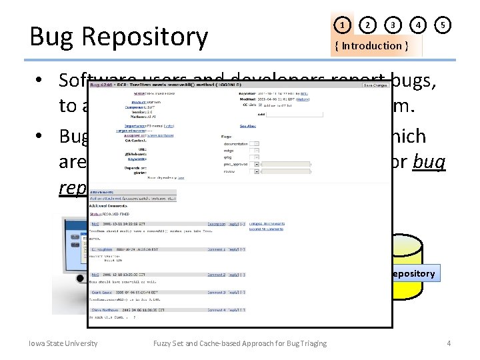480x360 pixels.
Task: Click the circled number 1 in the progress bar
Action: click(343, 25)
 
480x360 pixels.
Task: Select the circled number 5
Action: click(443, 25)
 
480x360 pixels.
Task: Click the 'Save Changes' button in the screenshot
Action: click(375, 85)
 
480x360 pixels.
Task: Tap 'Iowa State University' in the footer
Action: click(63, 343)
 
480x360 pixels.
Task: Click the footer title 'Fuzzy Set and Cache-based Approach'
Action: click(240, 343)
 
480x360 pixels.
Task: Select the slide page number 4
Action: click(449, 343)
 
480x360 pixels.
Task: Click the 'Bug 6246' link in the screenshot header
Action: click(103, 85)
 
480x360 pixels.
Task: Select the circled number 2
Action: click(367, 25)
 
